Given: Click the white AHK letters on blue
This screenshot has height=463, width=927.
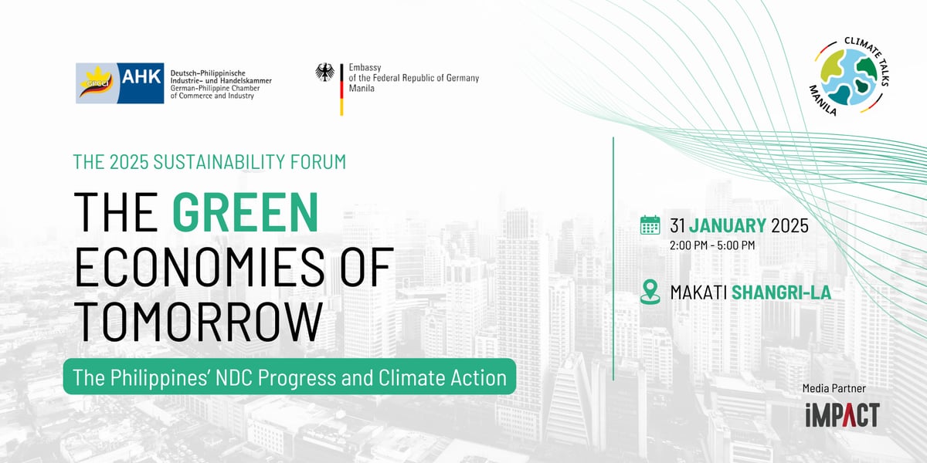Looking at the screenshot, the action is (141, 77).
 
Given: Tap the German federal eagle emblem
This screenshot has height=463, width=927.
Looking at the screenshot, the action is (325, 73).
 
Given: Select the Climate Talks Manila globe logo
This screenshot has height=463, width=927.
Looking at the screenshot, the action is (850, 76).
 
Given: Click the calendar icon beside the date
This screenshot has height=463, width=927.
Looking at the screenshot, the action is (650, 225).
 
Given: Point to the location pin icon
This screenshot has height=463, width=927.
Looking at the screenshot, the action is (650, 292).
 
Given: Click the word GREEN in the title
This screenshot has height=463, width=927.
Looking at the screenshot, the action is (246, 212).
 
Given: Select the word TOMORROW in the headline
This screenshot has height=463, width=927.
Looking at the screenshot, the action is (199, 322).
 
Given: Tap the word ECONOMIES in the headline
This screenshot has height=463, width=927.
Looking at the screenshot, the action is (199, 267).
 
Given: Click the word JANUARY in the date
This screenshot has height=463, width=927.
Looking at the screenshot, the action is (727, 225).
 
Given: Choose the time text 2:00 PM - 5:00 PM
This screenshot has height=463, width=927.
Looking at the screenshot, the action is (712, 245).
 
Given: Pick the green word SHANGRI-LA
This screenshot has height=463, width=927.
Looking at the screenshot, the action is (781, 292).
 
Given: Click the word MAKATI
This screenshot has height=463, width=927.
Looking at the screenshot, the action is (698, 292).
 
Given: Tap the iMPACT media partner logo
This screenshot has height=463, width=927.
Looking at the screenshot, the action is (843, 415).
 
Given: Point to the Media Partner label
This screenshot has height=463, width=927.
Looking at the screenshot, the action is (834, 389).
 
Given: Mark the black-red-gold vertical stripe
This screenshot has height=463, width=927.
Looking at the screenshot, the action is (341, 90).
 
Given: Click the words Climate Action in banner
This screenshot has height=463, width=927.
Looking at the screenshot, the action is (443, 377).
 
